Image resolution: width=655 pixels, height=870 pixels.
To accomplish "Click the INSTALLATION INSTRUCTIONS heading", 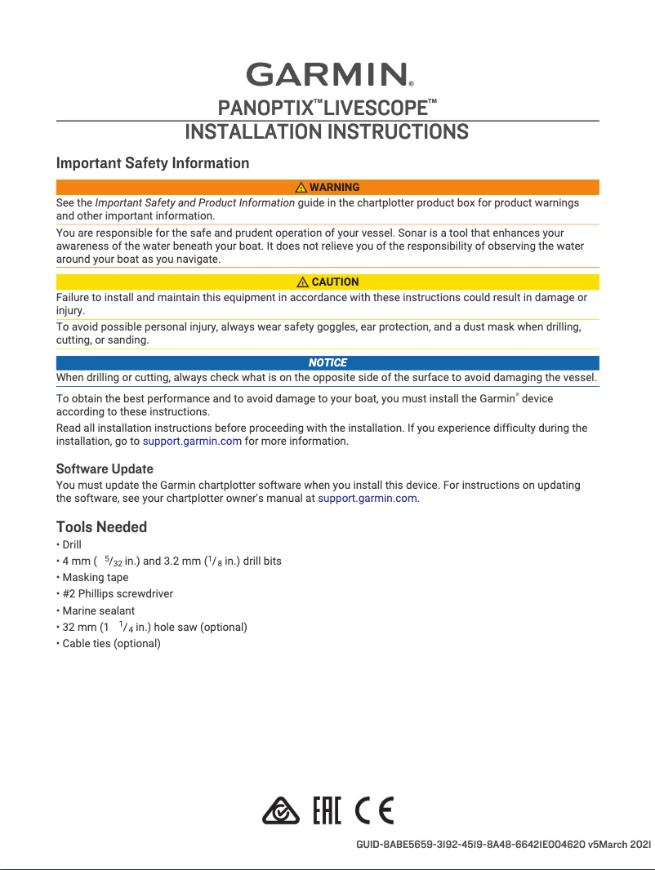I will coord(327,132).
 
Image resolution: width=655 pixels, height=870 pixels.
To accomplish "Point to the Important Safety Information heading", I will coord(153,163).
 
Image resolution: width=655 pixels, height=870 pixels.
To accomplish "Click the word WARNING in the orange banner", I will coord(335,188).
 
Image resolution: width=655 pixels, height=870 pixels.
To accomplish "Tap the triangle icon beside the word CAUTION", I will coord(303,282).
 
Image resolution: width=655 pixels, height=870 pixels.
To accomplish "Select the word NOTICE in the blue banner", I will coord(327,362).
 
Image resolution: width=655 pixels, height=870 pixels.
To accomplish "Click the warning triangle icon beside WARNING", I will coord(301,188).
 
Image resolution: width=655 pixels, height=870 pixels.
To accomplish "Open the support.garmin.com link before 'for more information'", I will coord(192,442).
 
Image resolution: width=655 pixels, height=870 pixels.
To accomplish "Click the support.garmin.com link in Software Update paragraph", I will coord(367,498).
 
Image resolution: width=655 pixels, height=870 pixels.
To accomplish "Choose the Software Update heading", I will coord(105,469).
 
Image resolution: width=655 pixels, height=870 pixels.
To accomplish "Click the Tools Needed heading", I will coord(101,526).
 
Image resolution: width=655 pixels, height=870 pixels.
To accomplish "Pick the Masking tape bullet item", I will coord(95,577).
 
